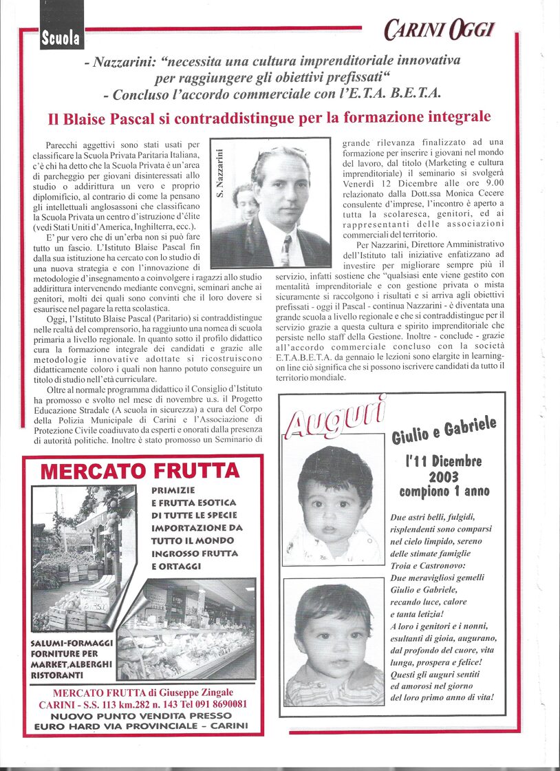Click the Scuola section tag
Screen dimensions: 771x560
(x=61, y=39)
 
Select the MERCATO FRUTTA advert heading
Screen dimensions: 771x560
(x=140, y=472)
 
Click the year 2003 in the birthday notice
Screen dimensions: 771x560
(x=443, y=476)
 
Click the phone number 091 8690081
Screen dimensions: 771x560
(x=218, y=704)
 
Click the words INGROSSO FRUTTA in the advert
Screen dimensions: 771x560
(x=195, y=553)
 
